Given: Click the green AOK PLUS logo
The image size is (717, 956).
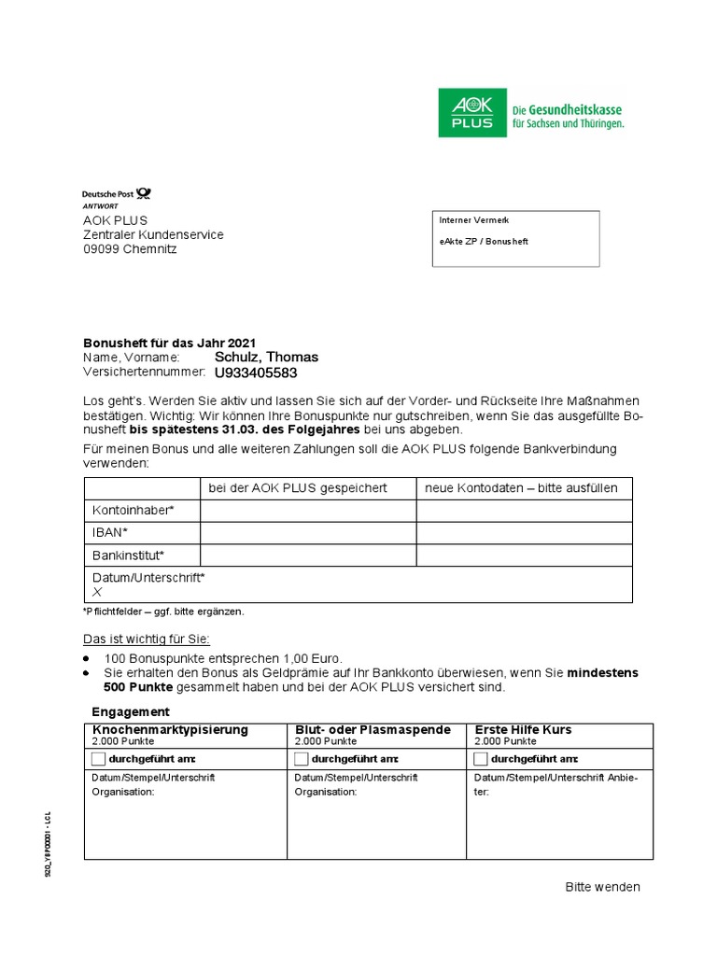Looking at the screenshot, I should coord(472,113).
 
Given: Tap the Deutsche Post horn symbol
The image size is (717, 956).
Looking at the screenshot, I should coord(143,193).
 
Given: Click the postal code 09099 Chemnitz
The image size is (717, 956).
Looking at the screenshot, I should coord(130,249).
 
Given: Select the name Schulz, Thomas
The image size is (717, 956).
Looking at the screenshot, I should coord(266,357).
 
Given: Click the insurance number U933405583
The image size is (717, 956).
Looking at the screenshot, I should coord(256,373).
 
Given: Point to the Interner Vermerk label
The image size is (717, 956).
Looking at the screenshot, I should coord(473,220).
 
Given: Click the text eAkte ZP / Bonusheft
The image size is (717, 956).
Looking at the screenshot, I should coord(484,241).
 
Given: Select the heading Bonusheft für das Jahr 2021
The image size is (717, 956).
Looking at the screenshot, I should coord(169,343).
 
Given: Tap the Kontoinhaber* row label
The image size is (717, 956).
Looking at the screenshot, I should coord(133,511).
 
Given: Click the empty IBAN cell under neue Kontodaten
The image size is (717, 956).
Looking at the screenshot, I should coord(524,533).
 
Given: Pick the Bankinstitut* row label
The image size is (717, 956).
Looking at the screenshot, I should coord(128,555).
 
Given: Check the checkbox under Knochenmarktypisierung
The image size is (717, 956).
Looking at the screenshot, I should coord(99,758).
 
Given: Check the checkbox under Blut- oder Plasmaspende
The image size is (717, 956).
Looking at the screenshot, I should coord(301,758).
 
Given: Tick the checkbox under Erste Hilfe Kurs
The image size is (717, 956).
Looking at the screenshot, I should coord(481,758).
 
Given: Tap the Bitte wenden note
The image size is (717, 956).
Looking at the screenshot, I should coord(602,887).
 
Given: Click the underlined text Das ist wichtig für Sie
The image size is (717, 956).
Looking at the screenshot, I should coord(147,639).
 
